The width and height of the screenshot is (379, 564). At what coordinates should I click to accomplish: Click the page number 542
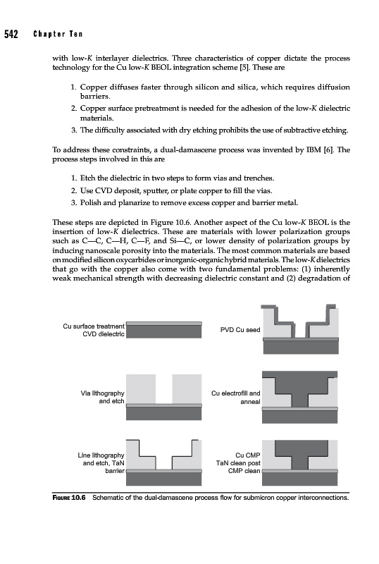[x=11, y=34]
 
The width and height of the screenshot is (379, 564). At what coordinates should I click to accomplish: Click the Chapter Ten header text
[x=58, y=34]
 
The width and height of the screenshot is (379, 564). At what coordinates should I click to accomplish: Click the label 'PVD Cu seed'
[x=240, y=330]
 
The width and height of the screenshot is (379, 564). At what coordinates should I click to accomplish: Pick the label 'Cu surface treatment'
[x=94, y=326]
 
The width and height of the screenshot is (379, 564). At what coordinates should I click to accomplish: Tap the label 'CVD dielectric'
[x=104, y=334]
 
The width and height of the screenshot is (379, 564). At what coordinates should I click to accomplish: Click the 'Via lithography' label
[x=102, y=393]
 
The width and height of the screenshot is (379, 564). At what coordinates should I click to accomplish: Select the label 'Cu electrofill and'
[x=235, y=393]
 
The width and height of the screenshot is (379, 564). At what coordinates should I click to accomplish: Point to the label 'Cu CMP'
[x=248, y=455]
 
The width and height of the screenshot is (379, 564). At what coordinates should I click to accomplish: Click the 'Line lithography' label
[x=101, y=455]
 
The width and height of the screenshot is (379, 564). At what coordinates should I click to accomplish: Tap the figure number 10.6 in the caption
[x=78, y=498]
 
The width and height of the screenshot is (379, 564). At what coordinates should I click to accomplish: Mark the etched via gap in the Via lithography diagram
[x=164, y=389]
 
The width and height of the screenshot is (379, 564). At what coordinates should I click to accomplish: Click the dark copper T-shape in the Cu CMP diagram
[x=300, y=454]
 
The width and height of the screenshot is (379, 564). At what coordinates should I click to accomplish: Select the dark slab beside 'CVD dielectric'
[x=164, y=331]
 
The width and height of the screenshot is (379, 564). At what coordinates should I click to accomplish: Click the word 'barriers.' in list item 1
[x=95, y=97]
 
